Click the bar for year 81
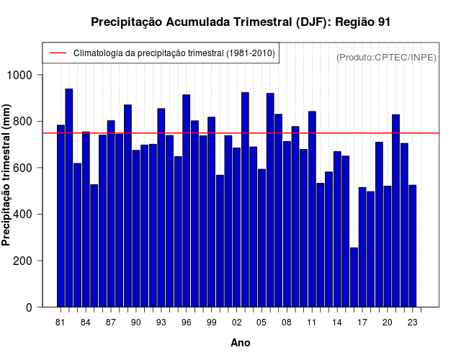(61, 216)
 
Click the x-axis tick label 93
(161, 323)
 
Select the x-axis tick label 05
(261, 323)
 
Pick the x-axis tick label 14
(337, 323)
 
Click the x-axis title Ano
(241, 343)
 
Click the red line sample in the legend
(58, 53)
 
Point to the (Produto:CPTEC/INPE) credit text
(386, 57)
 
